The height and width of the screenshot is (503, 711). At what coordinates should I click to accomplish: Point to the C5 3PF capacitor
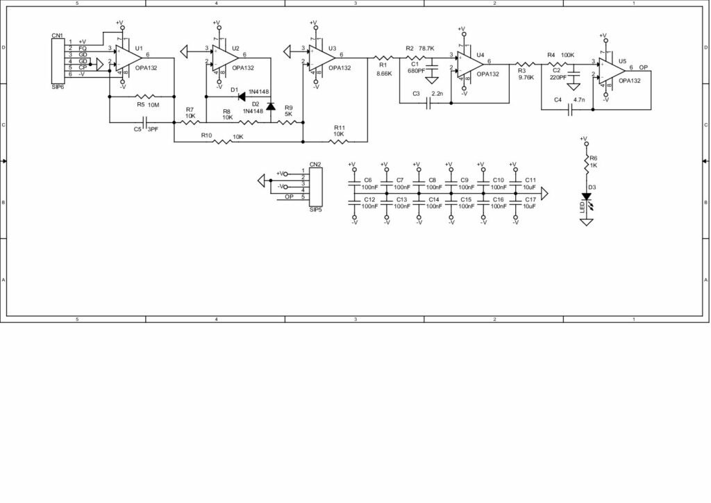tap(144, 122)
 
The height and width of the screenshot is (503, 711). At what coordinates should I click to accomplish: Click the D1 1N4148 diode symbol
tap(243, 97)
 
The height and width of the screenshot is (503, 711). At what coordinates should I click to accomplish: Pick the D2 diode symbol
tap(270, 106)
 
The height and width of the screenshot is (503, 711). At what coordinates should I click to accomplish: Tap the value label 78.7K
tap(426, 49)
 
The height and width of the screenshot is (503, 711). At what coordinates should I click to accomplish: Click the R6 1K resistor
tap(585, 161)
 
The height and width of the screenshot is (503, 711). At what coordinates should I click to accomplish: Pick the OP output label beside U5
tap(644, 67)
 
